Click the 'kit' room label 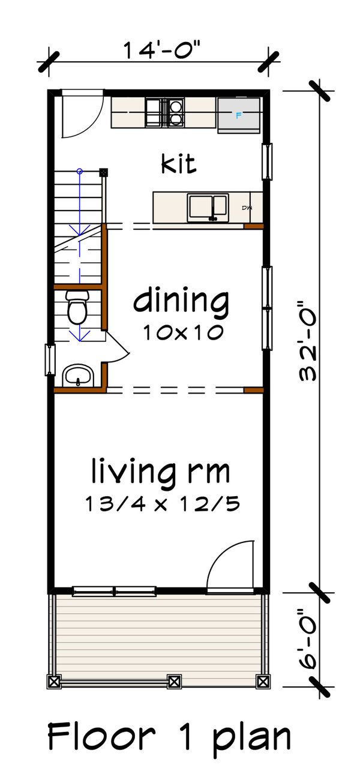coord(179,163)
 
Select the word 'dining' coord(181,302)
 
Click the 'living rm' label coord(161,472)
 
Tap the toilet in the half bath coord(77,307)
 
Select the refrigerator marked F coord(239,115)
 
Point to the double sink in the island coord(208,207)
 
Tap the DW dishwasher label coord(247,208)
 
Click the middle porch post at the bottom coord(174,682)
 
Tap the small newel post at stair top coord(104,172)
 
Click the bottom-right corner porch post coord(262,682)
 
